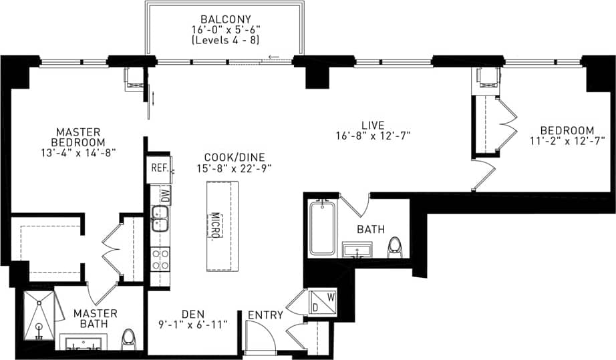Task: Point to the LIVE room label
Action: [373, 125]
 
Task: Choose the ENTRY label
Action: [265, 315]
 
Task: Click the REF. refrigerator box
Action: [158, 168]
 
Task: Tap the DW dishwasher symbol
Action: [163, 195]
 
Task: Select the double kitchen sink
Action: [159, 219]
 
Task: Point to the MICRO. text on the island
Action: [216, 228]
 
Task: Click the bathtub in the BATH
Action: [323, 228]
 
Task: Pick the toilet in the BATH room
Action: [396, 246]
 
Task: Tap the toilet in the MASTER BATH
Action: [129, 339]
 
